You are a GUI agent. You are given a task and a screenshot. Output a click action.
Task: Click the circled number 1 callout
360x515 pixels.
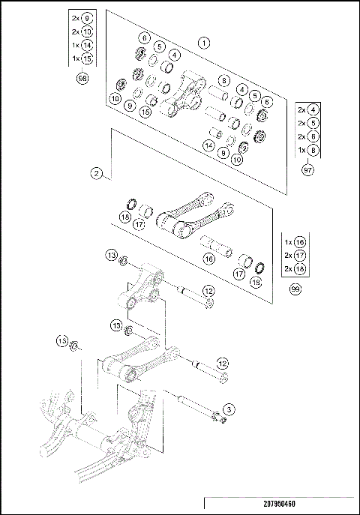(203, 43)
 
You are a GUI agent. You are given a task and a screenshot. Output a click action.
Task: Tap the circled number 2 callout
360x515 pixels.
(97, 173)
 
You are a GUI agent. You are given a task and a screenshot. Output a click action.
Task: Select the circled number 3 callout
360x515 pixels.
(229, 409)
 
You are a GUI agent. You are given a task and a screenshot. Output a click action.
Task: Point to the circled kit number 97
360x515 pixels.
(307, 171)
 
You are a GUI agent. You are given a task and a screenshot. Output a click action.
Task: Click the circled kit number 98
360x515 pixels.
(82, 77)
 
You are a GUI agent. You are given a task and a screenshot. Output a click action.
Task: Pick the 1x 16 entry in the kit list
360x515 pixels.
(294, 242)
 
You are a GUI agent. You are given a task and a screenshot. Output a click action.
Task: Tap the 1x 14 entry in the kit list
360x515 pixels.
(80, 46)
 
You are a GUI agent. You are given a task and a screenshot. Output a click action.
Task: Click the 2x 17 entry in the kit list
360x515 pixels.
(294, 256)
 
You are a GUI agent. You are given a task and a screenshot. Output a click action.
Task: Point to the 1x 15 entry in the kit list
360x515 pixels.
(80, 58)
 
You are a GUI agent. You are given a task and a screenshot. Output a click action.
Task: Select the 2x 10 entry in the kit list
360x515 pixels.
(80, 32)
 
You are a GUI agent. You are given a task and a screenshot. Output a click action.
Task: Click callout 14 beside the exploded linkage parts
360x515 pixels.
(208, 145)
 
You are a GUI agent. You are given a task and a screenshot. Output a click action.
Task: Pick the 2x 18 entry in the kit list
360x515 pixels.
(294, 268)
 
